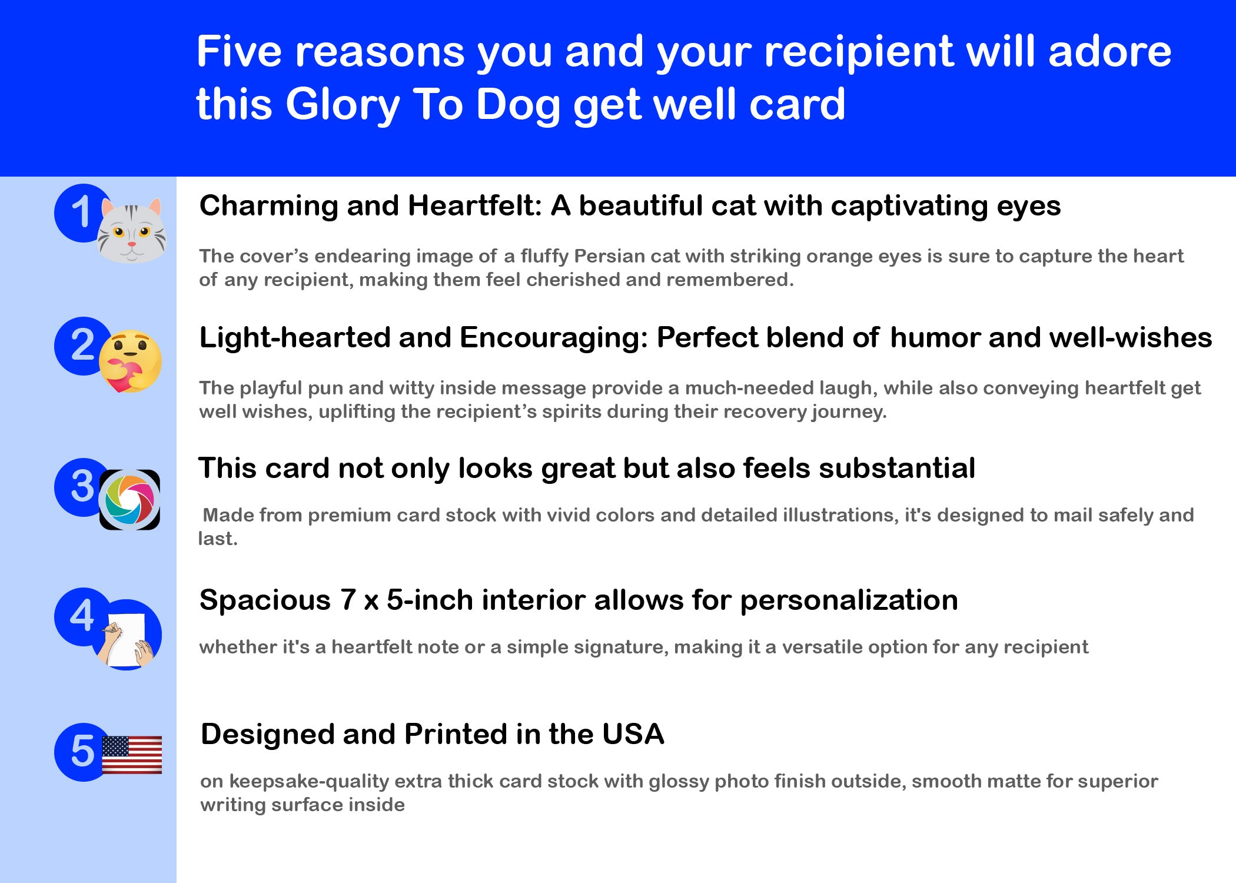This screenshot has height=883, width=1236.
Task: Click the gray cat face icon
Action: (x=132, y=230)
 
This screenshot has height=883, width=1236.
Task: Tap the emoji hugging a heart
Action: (x=130, y=361)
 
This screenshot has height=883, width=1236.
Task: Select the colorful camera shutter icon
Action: (x=129, y=500)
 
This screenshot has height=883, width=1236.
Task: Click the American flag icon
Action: (x=132, y=755)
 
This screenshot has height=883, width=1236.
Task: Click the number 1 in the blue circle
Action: (x=81, y=212)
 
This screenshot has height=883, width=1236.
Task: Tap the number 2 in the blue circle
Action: (x=82, y=345)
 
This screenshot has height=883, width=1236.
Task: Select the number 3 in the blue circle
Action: (x=82, y=486)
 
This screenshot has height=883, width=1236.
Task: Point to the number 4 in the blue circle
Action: (x=82, y=616)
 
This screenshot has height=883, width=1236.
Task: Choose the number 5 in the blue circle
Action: (x=82, y=751)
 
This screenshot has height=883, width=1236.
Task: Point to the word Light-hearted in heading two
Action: (x=295, y=338)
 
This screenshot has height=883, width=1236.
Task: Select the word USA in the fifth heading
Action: (x=633, y=734)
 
